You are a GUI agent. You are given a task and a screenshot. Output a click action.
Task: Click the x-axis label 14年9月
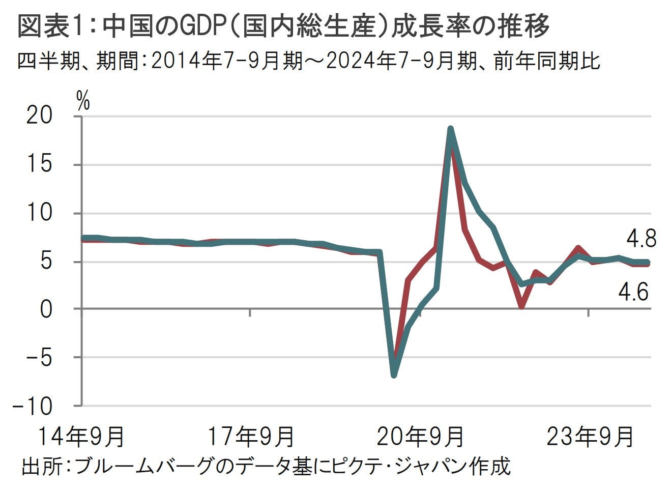(x=81, y=437)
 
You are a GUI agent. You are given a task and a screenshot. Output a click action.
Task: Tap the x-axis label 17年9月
(x=251, y=437)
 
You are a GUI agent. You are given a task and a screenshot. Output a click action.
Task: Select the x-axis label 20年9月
(x=421, y=437)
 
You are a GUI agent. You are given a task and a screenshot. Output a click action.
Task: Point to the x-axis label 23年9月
(x=590, y=437)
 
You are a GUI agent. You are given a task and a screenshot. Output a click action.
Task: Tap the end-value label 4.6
(x=633, y=292)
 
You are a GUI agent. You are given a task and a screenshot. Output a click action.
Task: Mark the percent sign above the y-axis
(x=83, y=102)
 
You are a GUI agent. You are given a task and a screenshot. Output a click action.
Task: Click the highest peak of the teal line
(x=450, y=129)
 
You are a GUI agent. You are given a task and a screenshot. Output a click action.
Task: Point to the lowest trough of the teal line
(x=394, y=376)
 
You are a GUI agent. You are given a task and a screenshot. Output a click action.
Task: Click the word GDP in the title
(x=205, y=26)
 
